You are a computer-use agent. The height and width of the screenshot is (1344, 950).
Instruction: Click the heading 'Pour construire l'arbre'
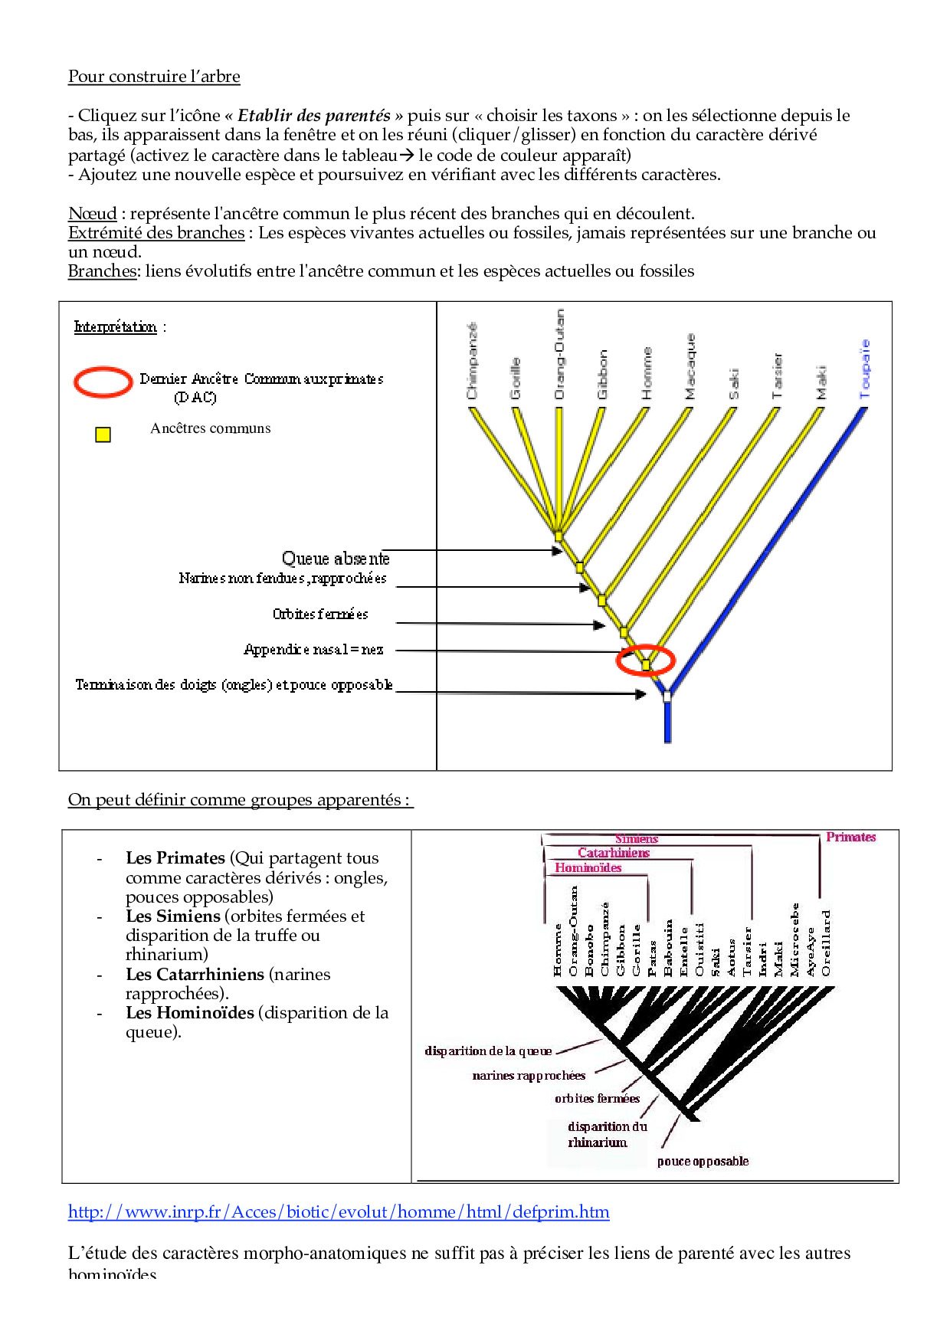pyautogui.click(x=154, y=77)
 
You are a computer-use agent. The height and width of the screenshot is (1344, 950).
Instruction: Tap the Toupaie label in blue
pyautogui.click(x=865, y=369)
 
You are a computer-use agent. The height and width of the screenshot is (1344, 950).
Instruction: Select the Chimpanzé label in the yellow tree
pyautogui.click(x=472, y=361)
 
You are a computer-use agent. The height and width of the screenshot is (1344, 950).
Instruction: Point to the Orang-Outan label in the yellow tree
pyautogui.click(x=559, y=354)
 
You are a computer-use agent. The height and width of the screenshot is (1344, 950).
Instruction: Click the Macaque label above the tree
pyautogui.click(x=690, y=366)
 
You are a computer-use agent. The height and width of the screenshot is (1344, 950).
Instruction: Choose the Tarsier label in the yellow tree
pyautogui.click(x=778, y=375)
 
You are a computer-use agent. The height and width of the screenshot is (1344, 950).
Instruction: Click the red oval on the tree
pyautogui.click(x=646, y=660)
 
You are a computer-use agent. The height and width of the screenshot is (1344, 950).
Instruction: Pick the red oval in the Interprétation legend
pyautogui.click(x=103, y=382)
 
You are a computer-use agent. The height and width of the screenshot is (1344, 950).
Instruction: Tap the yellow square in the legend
pyautogui.click(x=103, y=434)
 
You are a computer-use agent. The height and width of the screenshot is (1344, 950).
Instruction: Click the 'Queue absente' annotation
pyautogui.click(x=336, y=559)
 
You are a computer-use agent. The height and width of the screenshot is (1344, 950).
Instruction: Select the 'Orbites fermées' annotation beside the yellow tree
pyautogui.click(x=320, y=614)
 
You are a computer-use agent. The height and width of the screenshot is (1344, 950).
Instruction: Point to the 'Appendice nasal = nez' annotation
pyautogui.click(x=313, y=650)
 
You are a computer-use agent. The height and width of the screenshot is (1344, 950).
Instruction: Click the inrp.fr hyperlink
pyautogui.click(x=339, y=1212)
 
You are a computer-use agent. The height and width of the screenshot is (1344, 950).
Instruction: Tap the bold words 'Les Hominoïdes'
pyautogui.click(x=190, y=1013)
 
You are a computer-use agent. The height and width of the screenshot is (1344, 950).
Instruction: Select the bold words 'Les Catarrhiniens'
pyautogui.click(x=195, y=975)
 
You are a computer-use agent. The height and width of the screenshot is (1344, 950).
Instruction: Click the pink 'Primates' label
pyautogui.click(x=850, y=838)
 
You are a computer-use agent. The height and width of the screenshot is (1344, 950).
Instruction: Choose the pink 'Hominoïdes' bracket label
pyautogui.click(x=588, y=868)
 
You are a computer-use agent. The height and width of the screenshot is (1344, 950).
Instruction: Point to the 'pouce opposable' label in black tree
pyautogui.click(x=703, y=1162)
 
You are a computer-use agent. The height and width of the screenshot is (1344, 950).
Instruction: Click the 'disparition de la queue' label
pyautogui.click(x=488, y=1051)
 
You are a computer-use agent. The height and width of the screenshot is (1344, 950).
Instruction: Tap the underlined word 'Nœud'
pyautogui.click(x=93, y=214)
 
